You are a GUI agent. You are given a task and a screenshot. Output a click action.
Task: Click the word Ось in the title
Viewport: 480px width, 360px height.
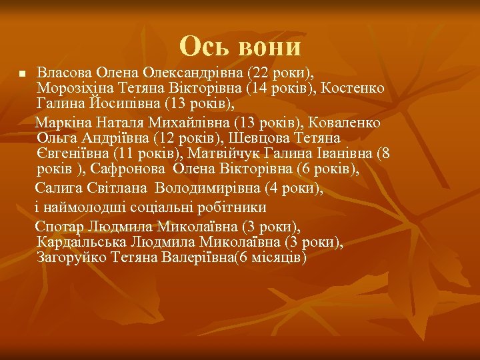(x=204, y=47)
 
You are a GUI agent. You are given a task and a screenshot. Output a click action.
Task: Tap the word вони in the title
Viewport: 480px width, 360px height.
(x=268, y=47)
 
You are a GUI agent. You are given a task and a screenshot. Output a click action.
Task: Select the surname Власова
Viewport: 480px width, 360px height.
(x=64, y=71)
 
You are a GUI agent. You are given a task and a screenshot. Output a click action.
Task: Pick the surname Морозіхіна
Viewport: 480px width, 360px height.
(x=75, y=87)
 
